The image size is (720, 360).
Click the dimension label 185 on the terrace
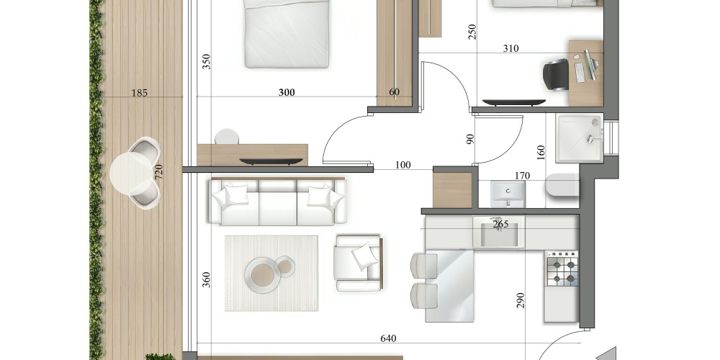tap(139, 93)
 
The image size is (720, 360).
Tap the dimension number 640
tap(388, 339)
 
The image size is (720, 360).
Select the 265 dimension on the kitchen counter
tap(500, 224)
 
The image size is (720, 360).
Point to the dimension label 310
tap(510, 48)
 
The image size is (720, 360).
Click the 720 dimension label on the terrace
tap(158, 172)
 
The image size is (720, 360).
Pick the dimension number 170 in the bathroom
tap(522, 176)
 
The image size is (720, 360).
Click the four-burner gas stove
tap(562, 269)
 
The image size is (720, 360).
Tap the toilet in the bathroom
tap(562, 185)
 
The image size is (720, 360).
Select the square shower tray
tap(579, 138)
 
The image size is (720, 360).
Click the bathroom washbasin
tap(508, 194)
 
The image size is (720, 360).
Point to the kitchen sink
tap(499, 233)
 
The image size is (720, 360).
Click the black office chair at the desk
tap(556, 74)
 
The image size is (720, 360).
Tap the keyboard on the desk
tap(580, 73)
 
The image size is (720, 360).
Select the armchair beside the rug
tap(359, 263)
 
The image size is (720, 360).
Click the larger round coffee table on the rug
tap(263, 274)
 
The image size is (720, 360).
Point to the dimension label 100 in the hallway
tap(402, 165)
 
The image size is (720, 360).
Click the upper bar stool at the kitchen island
tap(424, 266)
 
